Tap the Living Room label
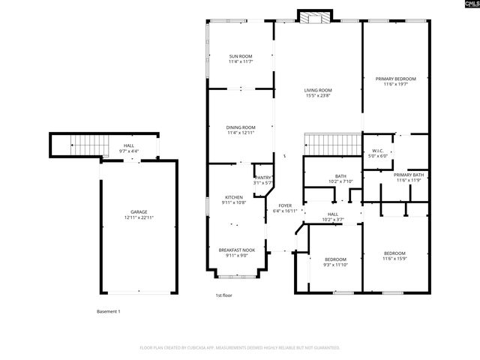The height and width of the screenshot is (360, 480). coord(318,93)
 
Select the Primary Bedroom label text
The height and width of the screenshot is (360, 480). coord(395,81)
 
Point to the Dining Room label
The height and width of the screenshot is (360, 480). coord(241,130)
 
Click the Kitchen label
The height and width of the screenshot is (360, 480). coord(234,199)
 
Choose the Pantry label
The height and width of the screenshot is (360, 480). coord(262,180)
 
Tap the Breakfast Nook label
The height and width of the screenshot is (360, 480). coord(236,253)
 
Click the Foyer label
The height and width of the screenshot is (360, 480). coord(285,208)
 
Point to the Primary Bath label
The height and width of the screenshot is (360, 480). coord(408,177)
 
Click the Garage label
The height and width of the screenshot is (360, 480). coord(139,214)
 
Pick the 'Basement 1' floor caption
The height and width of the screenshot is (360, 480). coord(108,311)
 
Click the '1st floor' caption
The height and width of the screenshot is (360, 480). coord(224,295)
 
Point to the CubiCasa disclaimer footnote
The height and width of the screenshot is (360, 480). coord(240,348)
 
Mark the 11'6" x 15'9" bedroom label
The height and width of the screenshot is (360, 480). coord(394,256)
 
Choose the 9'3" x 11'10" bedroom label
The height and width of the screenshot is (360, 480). coord(335,262)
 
